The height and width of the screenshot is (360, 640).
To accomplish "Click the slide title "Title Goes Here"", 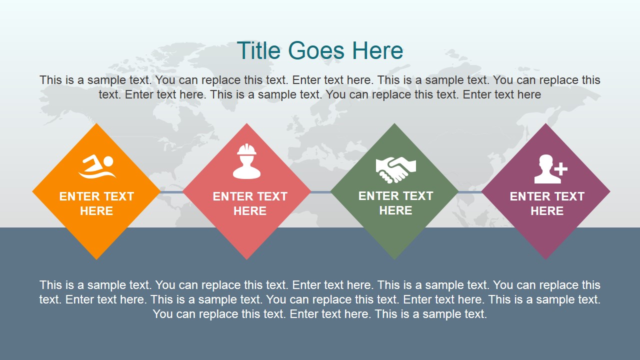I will click(x=319, y=50).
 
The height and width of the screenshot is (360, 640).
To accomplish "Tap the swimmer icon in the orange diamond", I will click(x=96, y=167).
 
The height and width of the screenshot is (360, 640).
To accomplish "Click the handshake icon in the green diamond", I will click(x=395, y=169).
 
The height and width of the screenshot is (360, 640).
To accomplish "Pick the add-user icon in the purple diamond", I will click(x=550, y=169).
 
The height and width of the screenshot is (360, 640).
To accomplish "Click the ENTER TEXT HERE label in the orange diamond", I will click(x=96, y=203).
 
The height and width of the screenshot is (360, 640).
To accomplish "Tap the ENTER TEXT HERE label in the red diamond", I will click(x=249, y=203).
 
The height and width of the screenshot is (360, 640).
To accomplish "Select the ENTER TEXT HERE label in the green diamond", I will click(x=395, y=203).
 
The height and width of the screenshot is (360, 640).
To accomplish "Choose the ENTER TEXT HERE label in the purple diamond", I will click(x=547, y=203).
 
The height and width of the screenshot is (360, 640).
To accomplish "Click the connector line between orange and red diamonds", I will click(x=171, y=192).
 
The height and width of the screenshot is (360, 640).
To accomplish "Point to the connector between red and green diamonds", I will click(x=320, y=192).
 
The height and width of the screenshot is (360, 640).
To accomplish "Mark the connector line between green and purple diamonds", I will click(x=470, y=192).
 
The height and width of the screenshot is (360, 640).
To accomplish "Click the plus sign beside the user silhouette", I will click(x=561, y=168).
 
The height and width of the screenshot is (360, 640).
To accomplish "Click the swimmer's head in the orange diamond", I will click(x=108, y=161).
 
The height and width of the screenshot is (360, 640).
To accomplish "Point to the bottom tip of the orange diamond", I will click(x=96, y=258).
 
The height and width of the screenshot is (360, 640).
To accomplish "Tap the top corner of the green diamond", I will click(x=394, y=125).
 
